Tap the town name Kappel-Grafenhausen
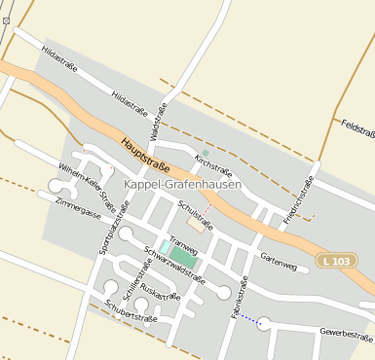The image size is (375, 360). tap(183, 184)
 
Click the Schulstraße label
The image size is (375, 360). tap(195, 214)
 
